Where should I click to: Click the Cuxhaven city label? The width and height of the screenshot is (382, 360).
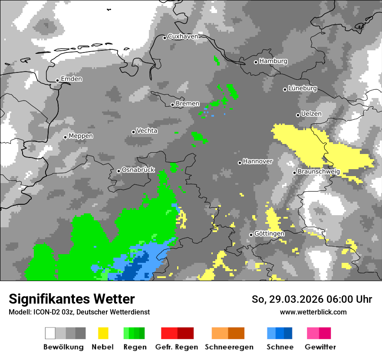[183, 36]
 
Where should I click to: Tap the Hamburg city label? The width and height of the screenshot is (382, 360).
[273, 61]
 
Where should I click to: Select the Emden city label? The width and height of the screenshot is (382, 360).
[71, 79]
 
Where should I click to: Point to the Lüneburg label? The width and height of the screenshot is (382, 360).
[303, 88]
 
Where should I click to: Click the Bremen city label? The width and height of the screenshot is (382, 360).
[188, 104]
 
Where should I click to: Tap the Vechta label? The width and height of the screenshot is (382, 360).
[147, 131]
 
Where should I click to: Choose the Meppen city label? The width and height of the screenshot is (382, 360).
[81, 136]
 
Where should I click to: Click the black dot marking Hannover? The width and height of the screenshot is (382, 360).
[240, 163]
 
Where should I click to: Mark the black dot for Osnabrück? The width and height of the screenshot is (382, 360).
[119, 171]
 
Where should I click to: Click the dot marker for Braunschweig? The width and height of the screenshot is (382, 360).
[294, 173]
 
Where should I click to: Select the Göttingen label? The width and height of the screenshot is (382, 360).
[269, 233]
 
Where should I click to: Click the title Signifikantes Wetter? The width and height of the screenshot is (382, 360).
[72, 299]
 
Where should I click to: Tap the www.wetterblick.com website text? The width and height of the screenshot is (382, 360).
[313, 312]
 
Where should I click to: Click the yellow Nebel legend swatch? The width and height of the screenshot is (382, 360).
[103, 333]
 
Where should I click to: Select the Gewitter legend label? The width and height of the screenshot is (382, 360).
[320, 347]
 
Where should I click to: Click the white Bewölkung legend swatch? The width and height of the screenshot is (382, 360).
[50, 333]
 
